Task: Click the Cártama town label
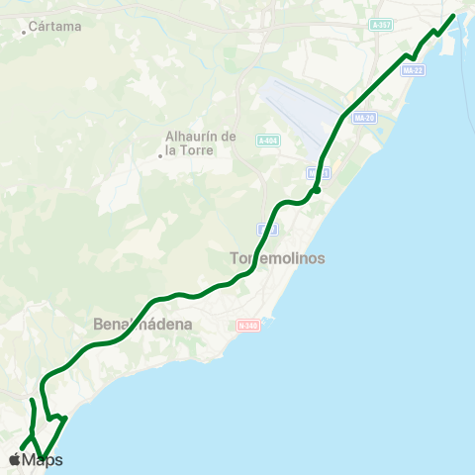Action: pyautogui.click(x=55, y=27)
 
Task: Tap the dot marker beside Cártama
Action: pyautogui.click(x=24, y=32)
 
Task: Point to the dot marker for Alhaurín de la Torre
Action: pyautogui.click(x=159, y=154)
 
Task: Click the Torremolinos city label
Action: pyautogui.click(x=277, y=257)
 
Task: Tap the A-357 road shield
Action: pyautogui.click(x=381, y=24)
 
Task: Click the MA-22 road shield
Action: pyautogui.click(x=414, y=70)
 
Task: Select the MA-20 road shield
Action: pyautogui.click(x=364, y=118)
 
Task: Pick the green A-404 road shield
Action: pyautogui.click(x=267, y=142)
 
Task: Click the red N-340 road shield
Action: pyautogui.click(x=247, y=324)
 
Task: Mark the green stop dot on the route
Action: pyautogui.click(x=316, y=190)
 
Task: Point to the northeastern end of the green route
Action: pyautogui.click(x=453, y=15)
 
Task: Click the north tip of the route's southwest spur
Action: pyautogui.click(x=32, y=400)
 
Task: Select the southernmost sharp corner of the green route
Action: pyautogui.click(x=45, y=459)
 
